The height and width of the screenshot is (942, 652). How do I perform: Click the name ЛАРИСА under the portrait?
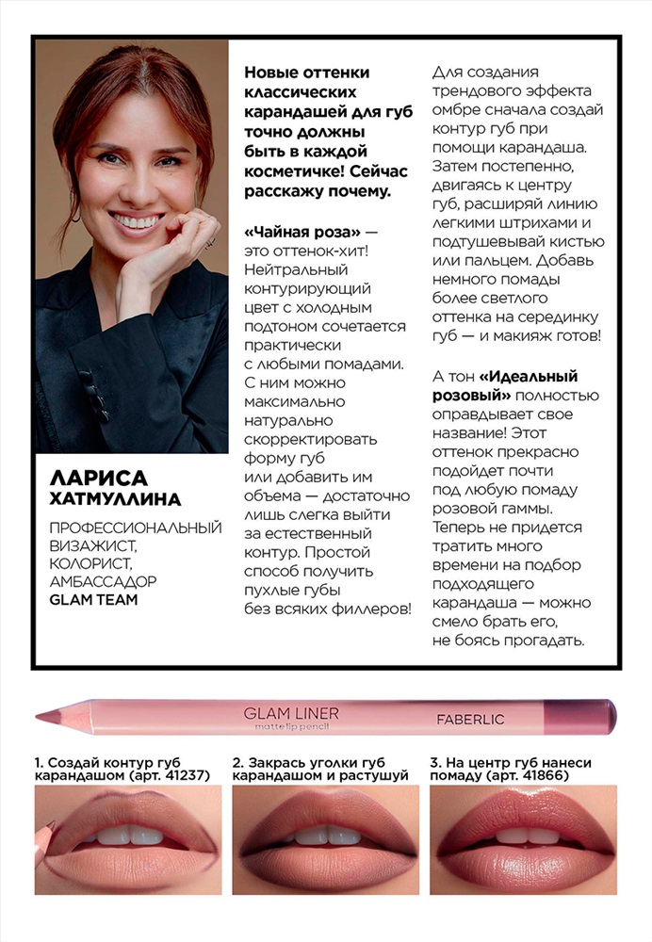[x=84, y=479]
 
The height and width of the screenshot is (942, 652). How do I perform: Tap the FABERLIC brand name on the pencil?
[x=470, y=720]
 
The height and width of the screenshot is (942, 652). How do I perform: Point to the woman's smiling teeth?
[x=138, y=222]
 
